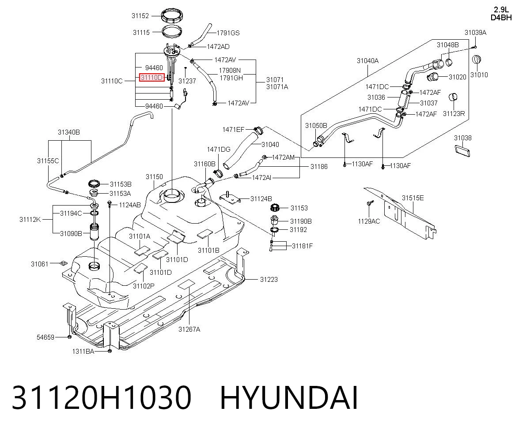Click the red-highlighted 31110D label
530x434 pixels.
(152, 78)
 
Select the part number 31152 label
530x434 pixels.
(140, 16)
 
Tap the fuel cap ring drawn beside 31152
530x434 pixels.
(172, 15)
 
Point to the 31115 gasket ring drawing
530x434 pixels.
(172, 31)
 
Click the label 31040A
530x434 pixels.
(367, 61)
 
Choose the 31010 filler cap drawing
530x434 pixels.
(477, 60)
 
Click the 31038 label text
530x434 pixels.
(463, 138)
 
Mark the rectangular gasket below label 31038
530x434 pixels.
(462, 150)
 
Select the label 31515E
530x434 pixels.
(413, 198)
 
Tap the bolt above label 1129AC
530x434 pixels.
(369, 202)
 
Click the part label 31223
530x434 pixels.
(269, 279)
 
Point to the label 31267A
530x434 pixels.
(189, 329)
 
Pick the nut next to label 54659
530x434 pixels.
(70, 337)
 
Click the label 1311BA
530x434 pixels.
(83, 352)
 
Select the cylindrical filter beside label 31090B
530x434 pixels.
(94, 232)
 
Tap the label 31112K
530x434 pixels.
(30, 220)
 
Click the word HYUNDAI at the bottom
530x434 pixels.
(289, 398)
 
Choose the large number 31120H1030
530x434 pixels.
(102, 398)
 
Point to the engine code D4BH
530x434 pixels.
(501, 18)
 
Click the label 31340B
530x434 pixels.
(69, 132)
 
